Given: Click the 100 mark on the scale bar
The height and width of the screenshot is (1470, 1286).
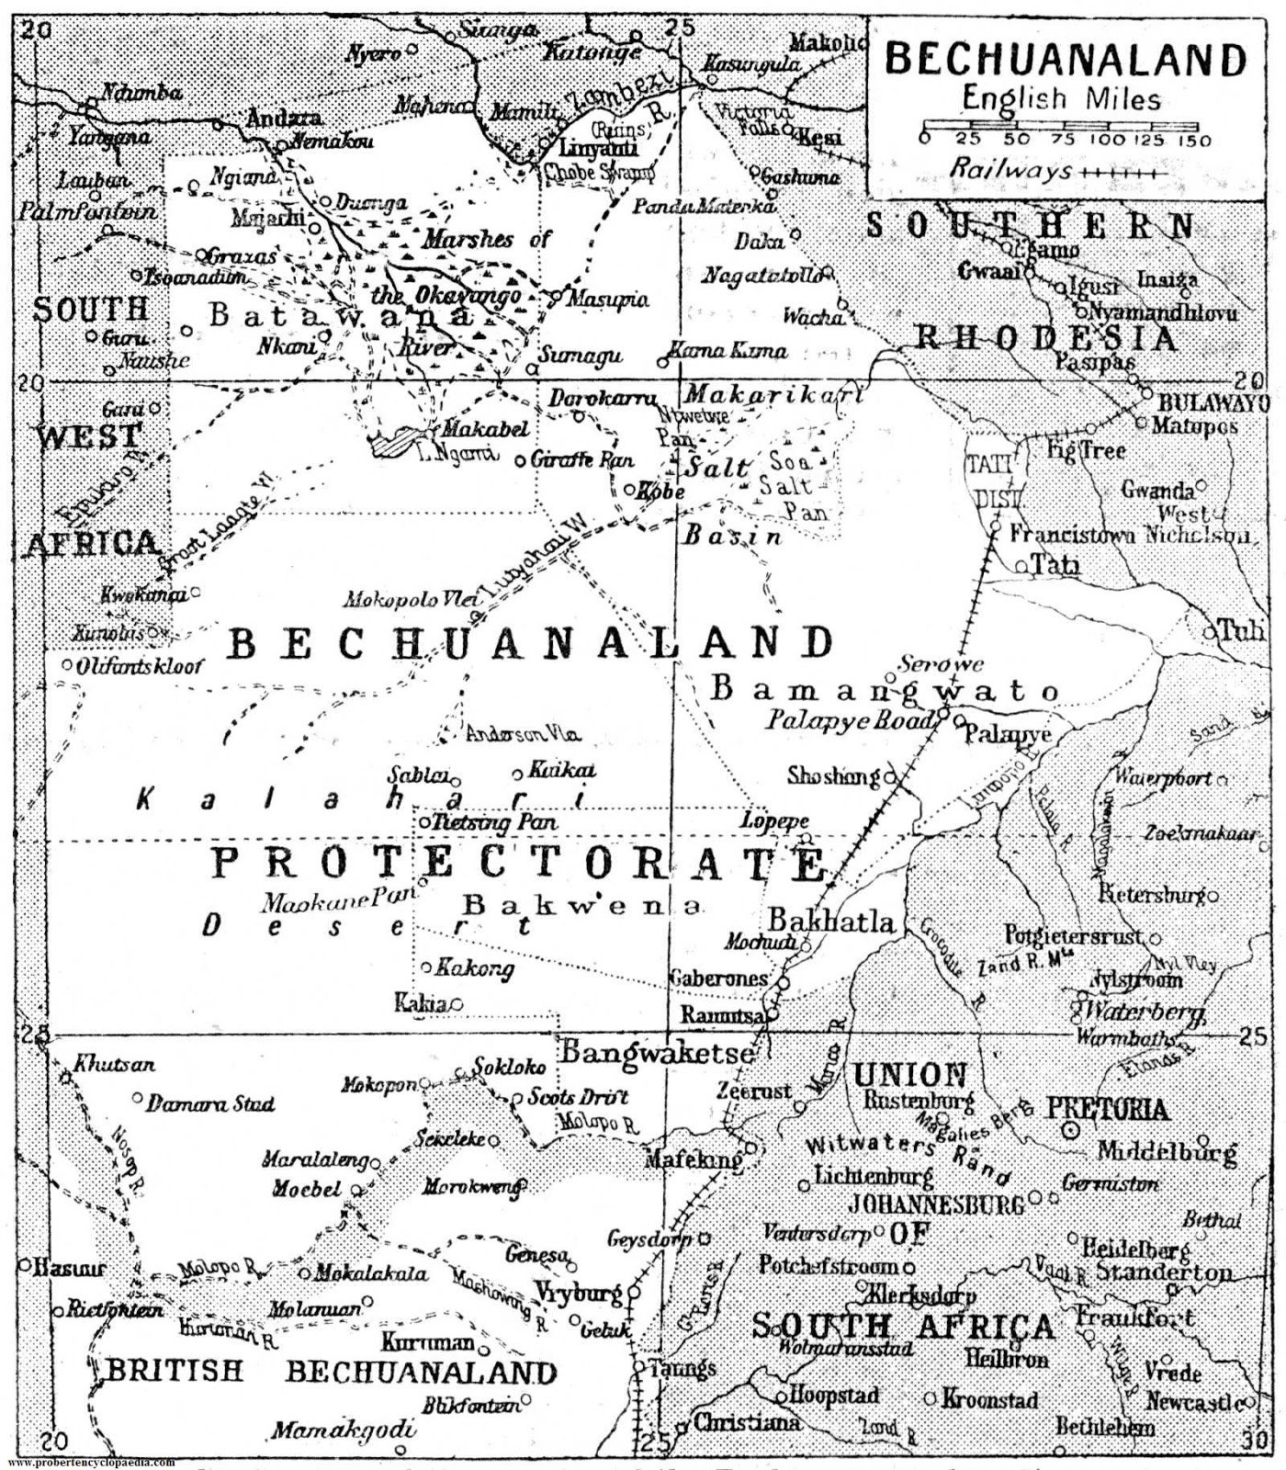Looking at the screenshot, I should tap(1109, 141).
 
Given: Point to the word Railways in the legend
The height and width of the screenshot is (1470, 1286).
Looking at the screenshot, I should tap(1010, 169).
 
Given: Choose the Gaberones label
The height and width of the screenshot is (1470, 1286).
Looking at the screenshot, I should tap(717, 978).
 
